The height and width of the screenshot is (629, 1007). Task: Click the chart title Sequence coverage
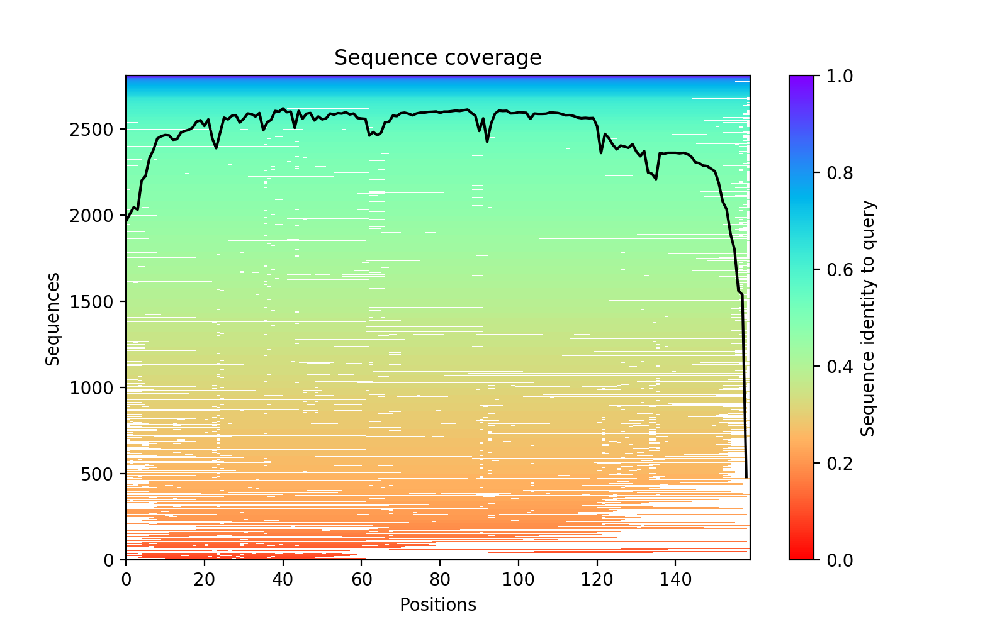[x=437, y=58]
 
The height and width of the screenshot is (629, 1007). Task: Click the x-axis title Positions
[x=437, y=605]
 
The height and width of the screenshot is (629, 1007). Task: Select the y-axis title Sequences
[x=53, y=318]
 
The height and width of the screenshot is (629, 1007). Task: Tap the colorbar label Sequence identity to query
[x=868, y=318]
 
